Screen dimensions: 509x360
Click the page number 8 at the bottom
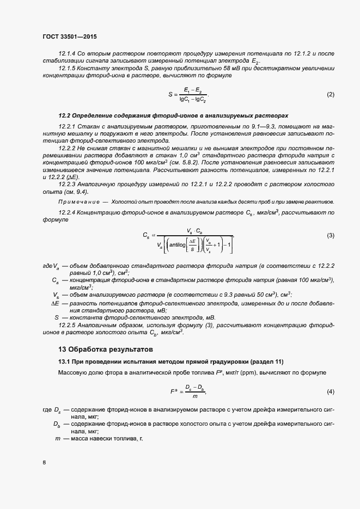click(44, 463)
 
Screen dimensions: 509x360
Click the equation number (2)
click(330, 95)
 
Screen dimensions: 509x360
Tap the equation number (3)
click(330, 235)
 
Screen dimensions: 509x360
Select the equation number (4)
click(330, 392)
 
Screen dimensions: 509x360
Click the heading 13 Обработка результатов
click(106, 349)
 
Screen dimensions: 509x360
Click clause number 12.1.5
click(67, 69)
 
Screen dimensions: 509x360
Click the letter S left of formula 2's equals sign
click(169, 95)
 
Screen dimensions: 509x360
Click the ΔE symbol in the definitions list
click(55, 302)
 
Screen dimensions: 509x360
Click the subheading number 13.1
click(65, 362)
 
